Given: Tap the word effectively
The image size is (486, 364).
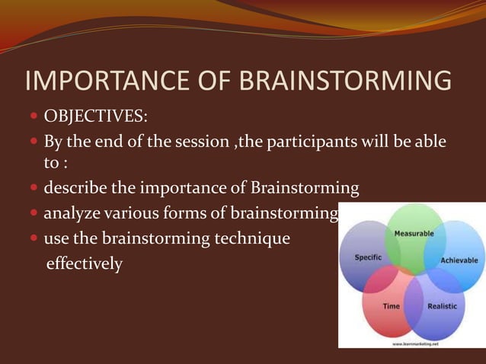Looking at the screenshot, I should click(84, 265).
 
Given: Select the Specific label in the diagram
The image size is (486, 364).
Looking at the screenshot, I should click(368, 257).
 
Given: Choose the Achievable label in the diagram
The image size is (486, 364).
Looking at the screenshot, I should click(459, 260).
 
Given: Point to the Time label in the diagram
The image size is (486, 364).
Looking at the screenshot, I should click(392, 306).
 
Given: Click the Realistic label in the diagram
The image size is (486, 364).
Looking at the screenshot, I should click(442, 306).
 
